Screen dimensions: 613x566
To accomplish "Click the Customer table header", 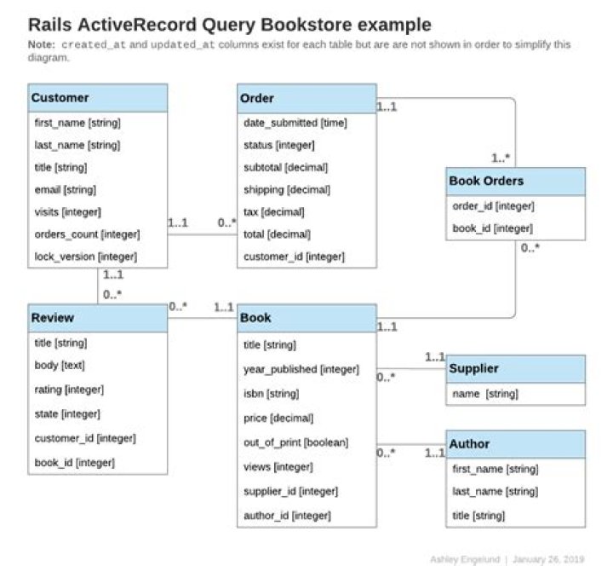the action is click(x=98, y=98).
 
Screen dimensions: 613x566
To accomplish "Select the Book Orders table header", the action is click(x=516, y=182).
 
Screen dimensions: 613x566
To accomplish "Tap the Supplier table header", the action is click(x=516, y=369).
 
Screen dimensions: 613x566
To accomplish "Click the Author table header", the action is click(x=516, y=444).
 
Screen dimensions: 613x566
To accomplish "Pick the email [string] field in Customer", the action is click(x=66, y=190).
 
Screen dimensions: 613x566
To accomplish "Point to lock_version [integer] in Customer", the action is click(x=86, y=257).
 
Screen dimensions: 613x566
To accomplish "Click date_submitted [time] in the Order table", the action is click(x=295, y=123).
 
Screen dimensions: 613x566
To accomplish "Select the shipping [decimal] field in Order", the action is click(x=287, y=190).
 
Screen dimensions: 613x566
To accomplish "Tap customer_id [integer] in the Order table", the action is click(x=294, y=257).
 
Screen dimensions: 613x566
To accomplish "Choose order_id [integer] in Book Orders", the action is click(x=493, y=206).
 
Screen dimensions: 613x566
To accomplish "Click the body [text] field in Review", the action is click(x=60, y=365).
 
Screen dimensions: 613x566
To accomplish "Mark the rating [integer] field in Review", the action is click(x=69, y=390).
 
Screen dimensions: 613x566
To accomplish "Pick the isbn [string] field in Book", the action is click(x=272, y=393).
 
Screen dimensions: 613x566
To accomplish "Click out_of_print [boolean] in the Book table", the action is click(x=296, y=442).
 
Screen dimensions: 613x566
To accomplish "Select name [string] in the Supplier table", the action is click(x=485, y=394).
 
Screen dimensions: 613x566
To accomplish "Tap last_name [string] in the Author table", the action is click(x=496, y=491).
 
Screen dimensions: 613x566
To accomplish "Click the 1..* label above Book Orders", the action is click(x=501, y=159).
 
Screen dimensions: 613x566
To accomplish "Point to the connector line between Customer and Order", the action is click(x=203, y=234).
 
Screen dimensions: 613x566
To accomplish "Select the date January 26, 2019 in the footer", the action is click(x=548, y=559).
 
